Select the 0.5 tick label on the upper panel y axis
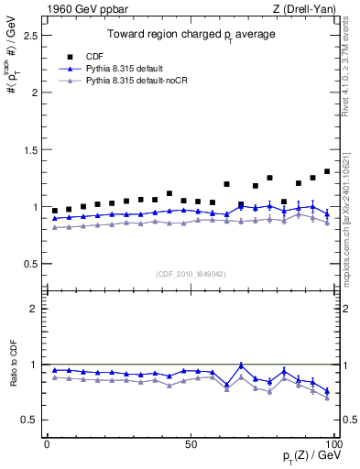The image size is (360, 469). tap(30, 264)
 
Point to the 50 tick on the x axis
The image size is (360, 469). tap(190, 443)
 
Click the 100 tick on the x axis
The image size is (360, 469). tap(333, 443)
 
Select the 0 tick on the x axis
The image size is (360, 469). tap(47, 443)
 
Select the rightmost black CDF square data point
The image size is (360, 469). tap(327, 171)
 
